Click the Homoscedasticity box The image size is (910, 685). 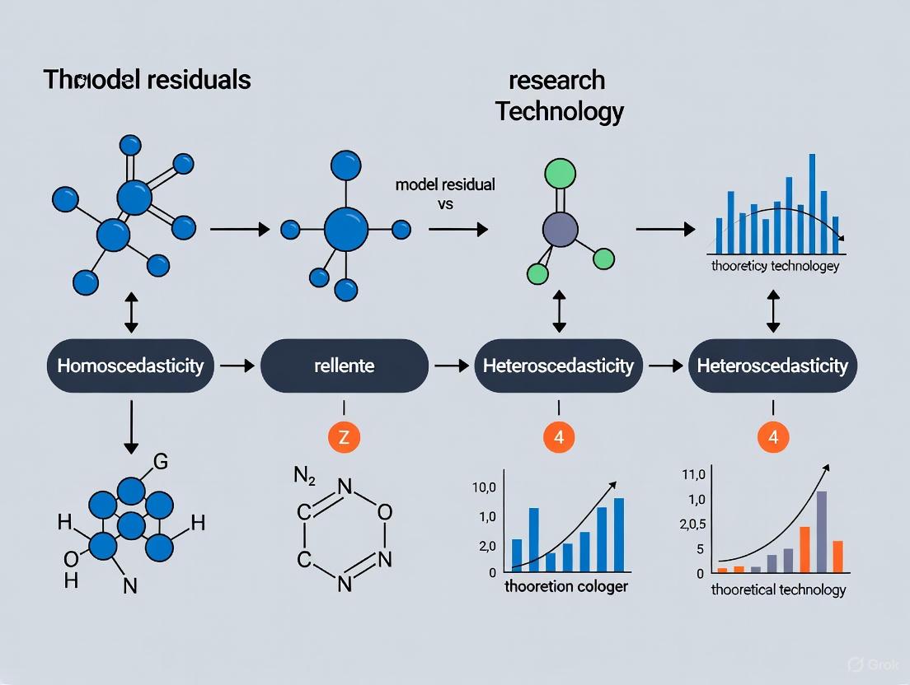tap(130, 365)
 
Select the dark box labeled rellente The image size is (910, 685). tap(345, 365)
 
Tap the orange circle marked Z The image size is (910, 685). tap(344, 438)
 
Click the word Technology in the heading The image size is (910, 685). tap(559, 111)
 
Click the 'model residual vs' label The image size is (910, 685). tap(445, 193)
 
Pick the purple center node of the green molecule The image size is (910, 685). tap(560, 228)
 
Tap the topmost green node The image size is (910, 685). tap(560, 174)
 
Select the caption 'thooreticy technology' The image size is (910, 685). tap(774, 266)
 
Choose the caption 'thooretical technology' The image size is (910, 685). tap(777, 589)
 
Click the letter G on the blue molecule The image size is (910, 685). tap(162, 463)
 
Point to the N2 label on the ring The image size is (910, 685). tap(306, 475)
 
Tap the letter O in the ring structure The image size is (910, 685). tap(384, 512)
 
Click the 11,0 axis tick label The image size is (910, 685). tap(694, 473)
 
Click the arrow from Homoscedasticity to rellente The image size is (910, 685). tap(239, 365)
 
